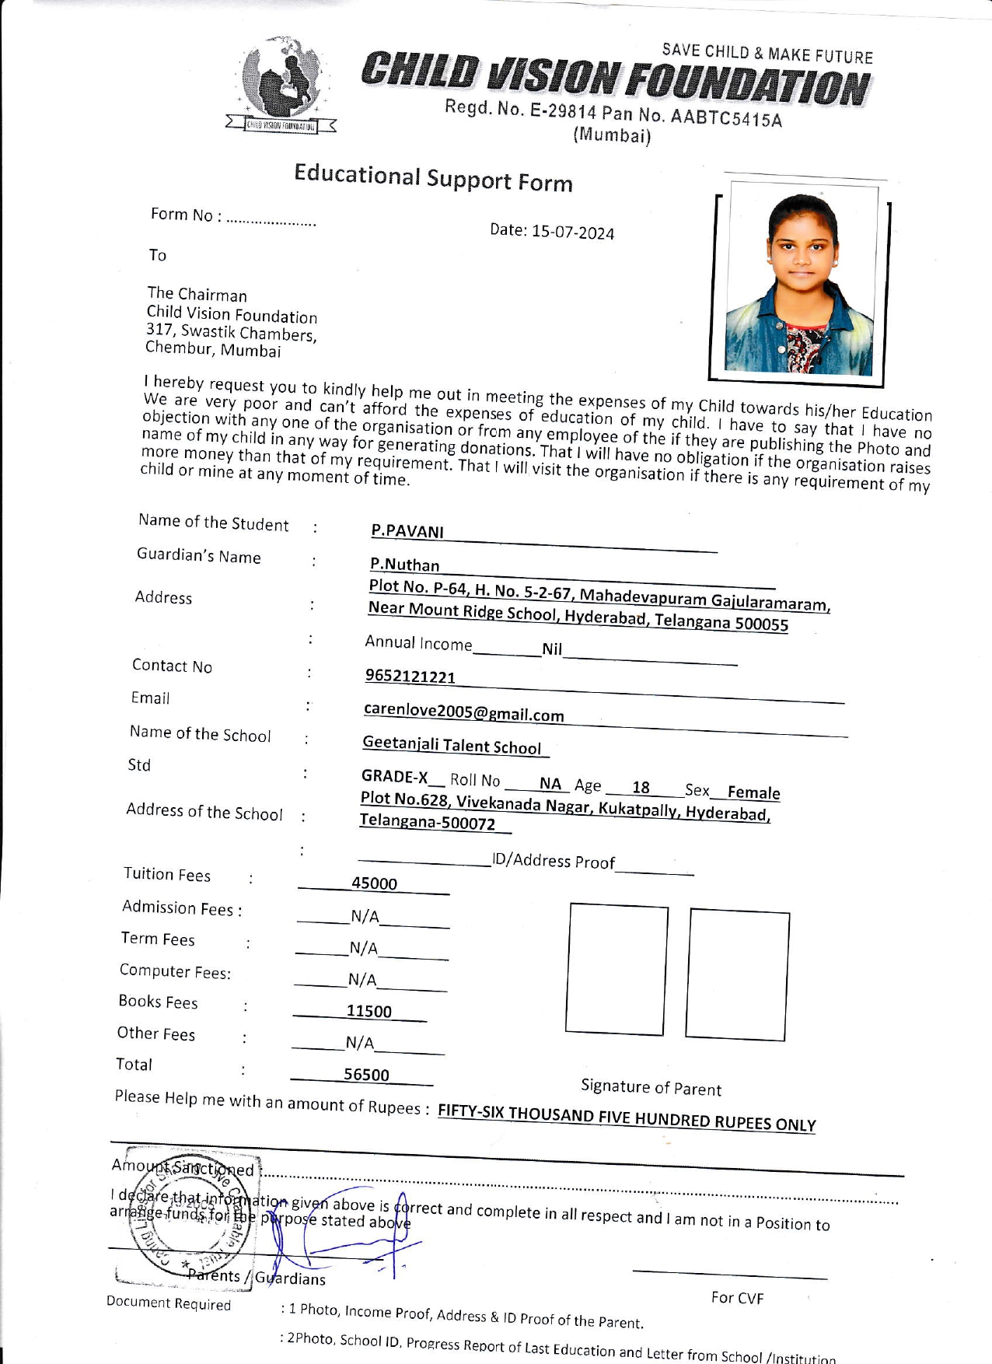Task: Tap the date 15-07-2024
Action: pyautogui.click(x=572, y=233)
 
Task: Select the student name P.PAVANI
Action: pyautogui.click(x=407, y=531)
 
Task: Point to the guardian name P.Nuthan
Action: pyautogui.click(x=404, y=565)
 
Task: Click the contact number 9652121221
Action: pyautogui.click(x=410, y=677)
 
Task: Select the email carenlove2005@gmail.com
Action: pyautogui.click(x=464, y=712)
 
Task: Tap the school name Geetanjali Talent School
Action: pyautogui.click(x=452, y=745)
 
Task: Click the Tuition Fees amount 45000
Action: pyautogui.click(x=374, y=883)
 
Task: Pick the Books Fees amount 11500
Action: pyautogui.click(x=369, y=1011)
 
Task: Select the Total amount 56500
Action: pyautogui.click(x=366, y=1075)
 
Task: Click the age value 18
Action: pyautogui.click(x=641, y=788)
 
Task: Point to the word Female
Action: pyautogui.click(x=753, y=793)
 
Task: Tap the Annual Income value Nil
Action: pyautogui.click(x=552, y=649)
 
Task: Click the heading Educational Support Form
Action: pyautogui.click(x=433, y=178)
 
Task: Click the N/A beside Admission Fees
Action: pyautogui.click(x=365, y=917)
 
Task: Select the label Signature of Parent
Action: pyautogui.click(x=651, y=1087)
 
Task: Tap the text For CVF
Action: pyautogui.click(x=737, y=1298)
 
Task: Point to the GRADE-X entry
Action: pyautogui.click(x=395, y=777)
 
